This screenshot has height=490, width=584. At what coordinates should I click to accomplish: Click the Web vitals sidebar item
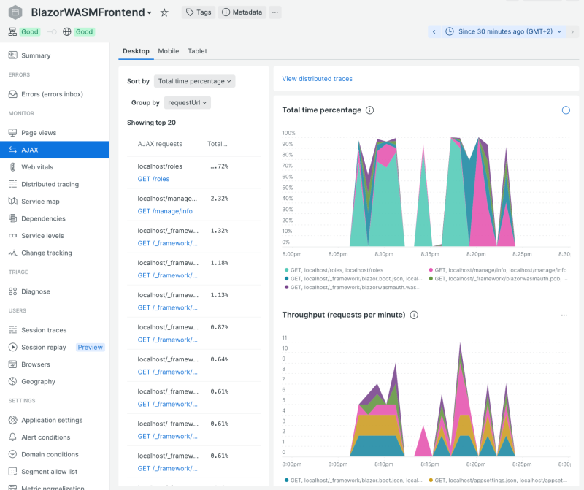pos(36,167)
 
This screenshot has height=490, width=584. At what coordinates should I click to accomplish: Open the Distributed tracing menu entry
pos(50,184)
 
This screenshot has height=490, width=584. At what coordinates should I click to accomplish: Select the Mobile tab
pos(168,51)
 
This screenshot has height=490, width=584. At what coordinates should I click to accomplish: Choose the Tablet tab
pos(197,51)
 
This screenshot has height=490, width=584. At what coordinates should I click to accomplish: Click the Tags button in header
pos(199,12)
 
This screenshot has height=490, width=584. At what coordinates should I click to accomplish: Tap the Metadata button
pos(242,12)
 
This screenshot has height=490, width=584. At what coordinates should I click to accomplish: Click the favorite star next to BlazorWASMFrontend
pos(164,12)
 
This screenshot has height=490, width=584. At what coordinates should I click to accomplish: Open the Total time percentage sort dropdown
pos(195,81)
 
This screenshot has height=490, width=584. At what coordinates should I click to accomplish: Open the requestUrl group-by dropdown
pos(188,103)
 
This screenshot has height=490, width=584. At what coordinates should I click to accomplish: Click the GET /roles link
pos(153,179)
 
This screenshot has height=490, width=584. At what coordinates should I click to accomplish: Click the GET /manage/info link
pos(165,211)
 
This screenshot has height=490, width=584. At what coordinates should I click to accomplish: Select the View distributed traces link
pos(317,79)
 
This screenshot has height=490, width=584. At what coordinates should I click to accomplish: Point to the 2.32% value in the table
pos(219,199)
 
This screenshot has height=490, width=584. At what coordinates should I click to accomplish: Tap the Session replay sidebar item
pos(44,348)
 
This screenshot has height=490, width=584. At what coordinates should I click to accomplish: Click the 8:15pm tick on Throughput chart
pos(431,464)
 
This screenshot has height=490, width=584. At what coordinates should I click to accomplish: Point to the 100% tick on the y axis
pos(288,133)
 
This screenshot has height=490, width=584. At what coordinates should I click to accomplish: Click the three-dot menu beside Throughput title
pos(564,315)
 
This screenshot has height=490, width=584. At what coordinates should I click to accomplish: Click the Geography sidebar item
pos(38,381)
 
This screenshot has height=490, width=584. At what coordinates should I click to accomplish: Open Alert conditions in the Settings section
pos(45,437)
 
